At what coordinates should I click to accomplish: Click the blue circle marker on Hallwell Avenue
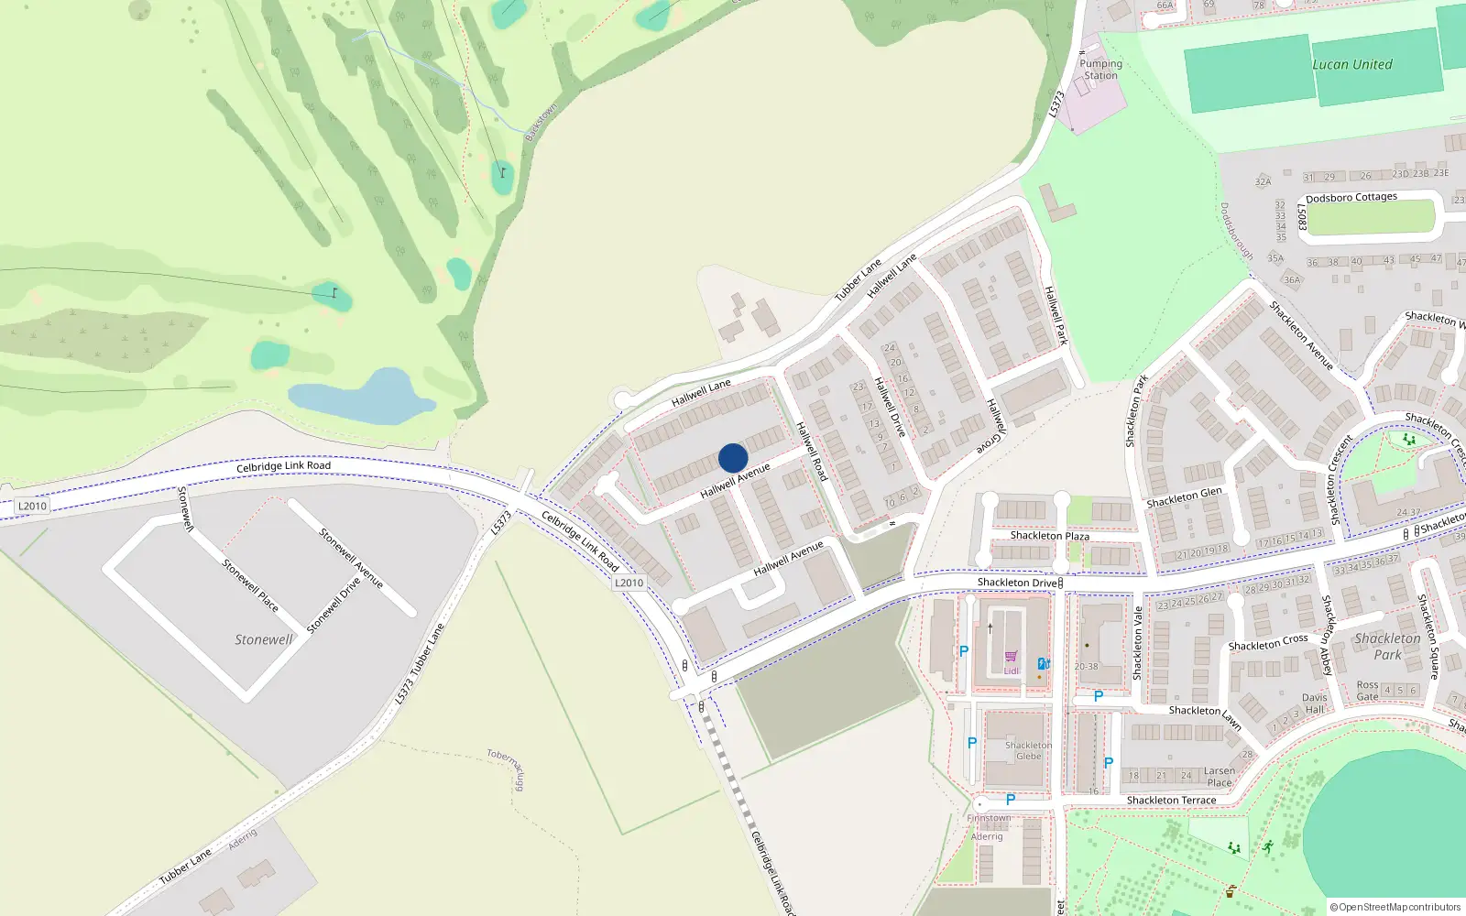point(733,458)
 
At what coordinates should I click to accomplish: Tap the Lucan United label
point(1351,64)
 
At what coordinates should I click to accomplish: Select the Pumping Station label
point(1100,70)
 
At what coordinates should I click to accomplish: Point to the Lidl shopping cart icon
point(1011,657)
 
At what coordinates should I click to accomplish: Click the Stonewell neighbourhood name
point(264,639)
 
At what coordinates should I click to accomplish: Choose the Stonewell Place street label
point(250,585)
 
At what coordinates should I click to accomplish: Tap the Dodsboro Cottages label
point(1351,197)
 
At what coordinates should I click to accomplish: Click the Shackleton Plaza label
point(1049,536)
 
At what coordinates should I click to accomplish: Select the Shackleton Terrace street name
point(1171,800)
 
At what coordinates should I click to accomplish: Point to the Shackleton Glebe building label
point(1028,750)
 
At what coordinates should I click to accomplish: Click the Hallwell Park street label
point(1056,315)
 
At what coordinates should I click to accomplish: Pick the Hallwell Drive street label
point(890,407)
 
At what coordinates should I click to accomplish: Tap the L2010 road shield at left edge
point(32,506)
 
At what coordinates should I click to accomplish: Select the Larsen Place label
point(1220,777)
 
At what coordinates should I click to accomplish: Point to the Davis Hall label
point(1315,703)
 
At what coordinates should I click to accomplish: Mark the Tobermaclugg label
point(507,769)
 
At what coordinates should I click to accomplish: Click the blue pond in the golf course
point(362,398)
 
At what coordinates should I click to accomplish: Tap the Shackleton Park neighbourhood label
point(1387,646)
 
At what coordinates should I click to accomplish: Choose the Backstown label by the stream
point(541,123)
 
